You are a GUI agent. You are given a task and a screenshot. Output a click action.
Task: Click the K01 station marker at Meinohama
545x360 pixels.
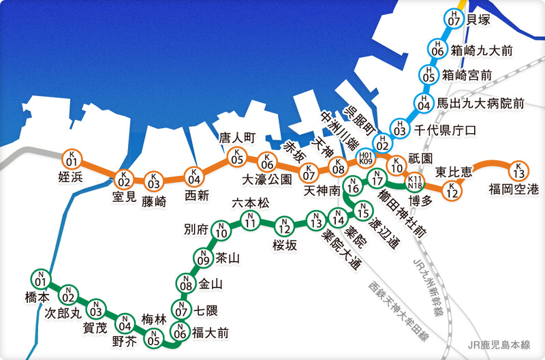pos(72,159)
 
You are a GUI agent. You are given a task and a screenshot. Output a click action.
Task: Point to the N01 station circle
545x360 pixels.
pos(40,280)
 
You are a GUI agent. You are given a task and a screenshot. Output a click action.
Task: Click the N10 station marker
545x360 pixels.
pos(220,230)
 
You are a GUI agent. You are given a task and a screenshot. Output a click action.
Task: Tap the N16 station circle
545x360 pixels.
pos(352,184)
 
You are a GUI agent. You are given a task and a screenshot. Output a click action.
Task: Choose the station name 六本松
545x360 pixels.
pos(251,203)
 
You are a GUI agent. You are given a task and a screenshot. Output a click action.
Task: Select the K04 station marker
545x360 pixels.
pos(193,176)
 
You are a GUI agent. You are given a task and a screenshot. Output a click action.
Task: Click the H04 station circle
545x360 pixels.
pos(424,103)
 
